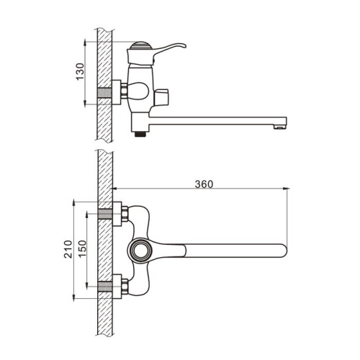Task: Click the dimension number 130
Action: tap(81, 71)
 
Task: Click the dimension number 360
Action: tap(204, 184)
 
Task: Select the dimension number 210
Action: tap(68, 249)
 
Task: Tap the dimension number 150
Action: tap(82, 249)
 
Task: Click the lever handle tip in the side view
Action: tap(184, 45)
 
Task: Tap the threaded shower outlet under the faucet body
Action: tap(141, 135)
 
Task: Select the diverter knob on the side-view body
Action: tap(161, 97)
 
